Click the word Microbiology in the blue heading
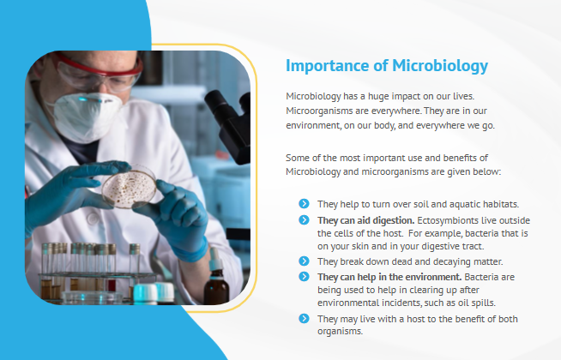[440, 66]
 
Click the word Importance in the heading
[327, 66]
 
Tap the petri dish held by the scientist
[130, 189]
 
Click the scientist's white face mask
[85, 117]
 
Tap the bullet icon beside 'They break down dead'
[304, 261]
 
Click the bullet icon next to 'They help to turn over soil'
[304, 203]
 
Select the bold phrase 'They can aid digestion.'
[365, 220]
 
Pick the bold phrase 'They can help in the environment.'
[389, 277]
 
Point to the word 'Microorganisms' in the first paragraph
[319, 111]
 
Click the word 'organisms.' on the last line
[340, 331]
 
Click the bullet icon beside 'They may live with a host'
[304, 318]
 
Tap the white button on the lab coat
[93, 218]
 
